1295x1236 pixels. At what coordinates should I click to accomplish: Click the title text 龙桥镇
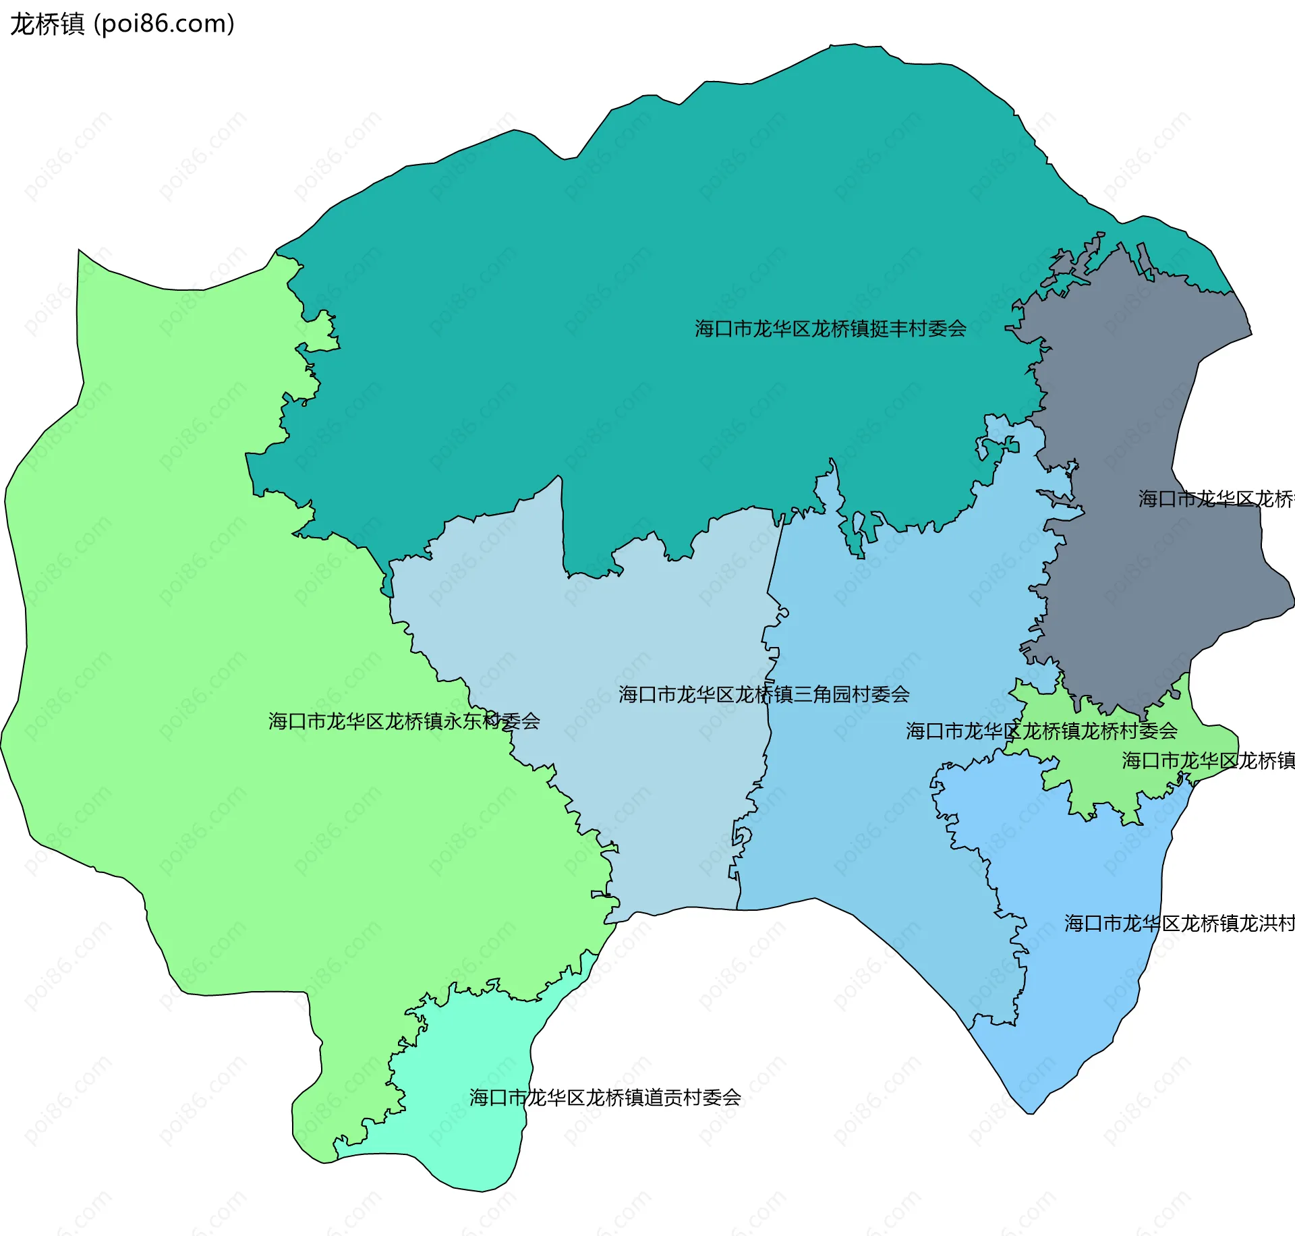[47, 24]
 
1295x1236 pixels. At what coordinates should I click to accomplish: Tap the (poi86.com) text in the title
[164, 24]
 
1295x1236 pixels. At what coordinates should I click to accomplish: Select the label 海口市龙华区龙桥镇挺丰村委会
[830, 329]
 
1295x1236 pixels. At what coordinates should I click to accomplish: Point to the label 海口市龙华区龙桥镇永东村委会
[404, 721]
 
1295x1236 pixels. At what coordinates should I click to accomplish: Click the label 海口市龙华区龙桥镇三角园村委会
[764, 694]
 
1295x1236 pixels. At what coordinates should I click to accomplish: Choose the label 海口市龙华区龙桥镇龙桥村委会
[1041, 731]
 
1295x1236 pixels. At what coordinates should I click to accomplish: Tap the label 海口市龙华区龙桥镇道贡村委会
[605, 1098]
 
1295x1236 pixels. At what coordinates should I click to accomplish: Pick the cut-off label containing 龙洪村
[1179, 923]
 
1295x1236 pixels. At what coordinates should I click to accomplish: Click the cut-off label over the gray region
[1215, 499]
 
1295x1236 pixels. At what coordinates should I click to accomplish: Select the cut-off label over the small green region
[1207, 760]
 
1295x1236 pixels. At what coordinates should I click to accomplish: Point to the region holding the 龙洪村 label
[1079, 978]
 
